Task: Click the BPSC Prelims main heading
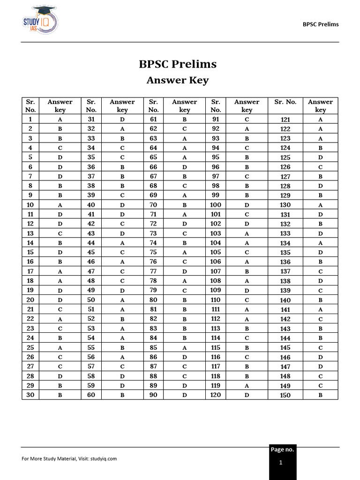[178, 64]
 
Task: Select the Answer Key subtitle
[178, 80]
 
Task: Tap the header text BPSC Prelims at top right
[321, 24]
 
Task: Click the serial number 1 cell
[30, 119]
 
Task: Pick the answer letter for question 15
[60, 252]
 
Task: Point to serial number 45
[91, 252]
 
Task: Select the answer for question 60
[122, 395]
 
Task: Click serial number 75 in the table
[153, 252]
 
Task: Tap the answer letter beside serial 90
[185, 395]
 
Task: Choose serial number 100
[216, 205]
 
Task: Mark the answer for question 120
[247, 395]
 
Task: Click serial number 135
[285, 252]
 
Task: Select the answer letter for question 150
[321, 395]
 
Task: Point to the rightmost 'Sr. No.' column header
[285, 102]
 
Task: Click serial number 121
[285, 119]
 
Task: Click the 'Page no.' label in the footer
[282, 449]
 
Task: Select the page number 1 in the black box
[281, 463]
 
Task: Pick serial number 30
[30, 395]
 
